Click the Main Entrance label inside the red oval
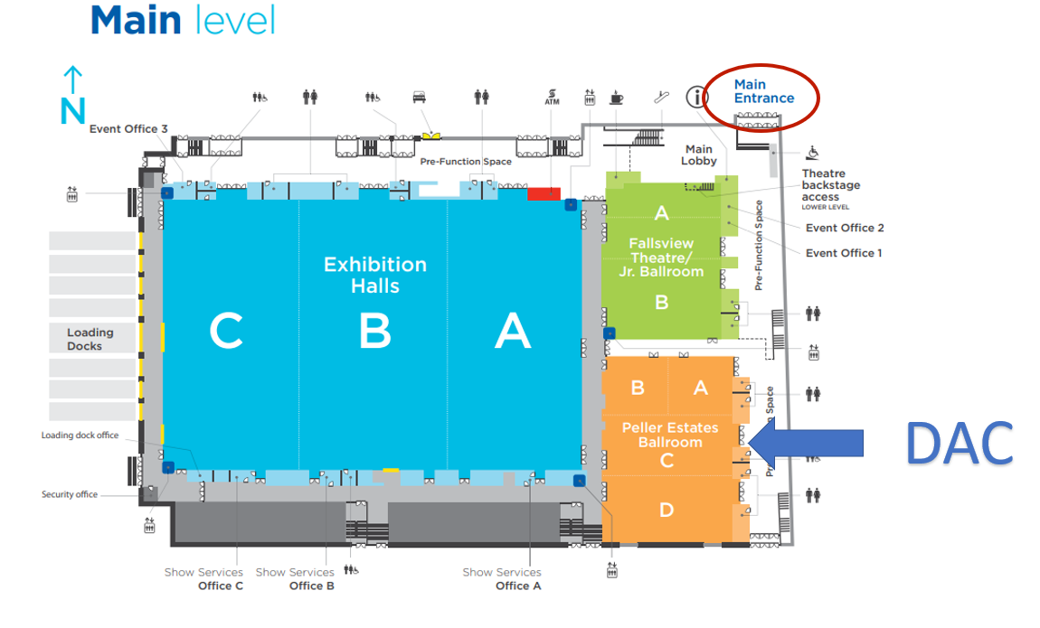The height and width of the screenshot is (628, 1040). (x=763, y=91)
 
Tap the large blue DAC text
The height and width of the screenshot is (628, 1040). (x=959, y=444)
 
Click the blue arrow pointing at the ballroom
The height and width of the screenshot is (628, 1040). (x=807, y=443)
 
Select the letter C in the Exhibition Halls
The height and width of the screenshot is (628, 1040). (x=226, y=331)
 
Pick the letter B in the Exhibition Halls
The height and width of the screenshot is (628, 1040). (x=374, y=331)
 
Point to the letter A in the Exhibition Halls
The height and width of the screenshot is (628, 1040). (x=512, y=331)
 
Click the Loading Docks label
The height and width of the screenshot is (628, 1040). (x=90, y=339)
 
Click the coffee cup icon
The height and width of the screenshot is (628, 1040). (x=617, y=97)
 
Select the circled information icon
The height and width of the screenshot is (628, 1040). (x=696, y=97)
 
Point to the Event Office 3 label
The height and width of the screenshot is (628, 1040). (x=128, y=129)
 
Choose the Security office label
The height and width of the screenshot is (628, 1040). (x=69, y=494)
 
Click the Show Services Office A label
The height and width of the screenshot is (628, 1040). (x=502, y=578)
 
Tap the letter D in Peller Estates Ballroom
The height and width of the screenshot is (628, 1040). (x=667, y=510)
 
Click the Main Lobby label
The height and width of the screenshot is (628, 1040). (x=699, y=155)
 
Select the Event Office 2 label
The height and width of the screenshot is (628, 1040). (x=845, y=228)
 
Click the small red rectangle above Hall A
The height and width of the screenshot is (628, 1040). (x=544, y=193)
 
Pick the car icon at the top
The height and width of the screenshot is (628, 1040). (x=420, y=96)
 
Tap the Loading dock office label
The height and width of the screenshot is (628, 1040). (x=80, y=436)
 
